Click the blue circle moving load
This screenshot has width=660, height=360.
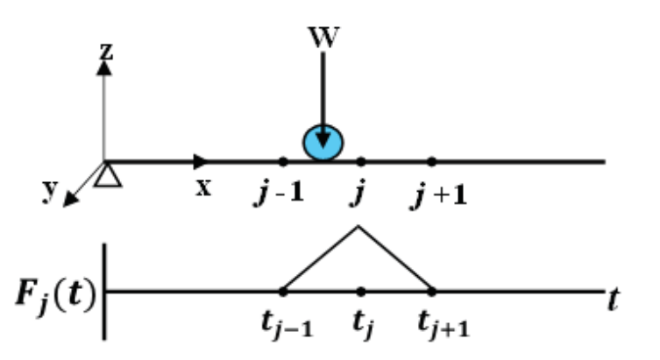(323, 143)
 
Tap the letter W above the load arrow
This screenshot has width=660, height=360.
(323, 38)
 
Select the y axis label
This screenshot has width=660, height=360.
(50, 192)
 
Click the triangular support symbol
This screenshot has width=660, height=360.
(105, 176)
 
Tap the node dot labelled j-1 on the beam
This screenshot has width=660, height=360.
(282, 161)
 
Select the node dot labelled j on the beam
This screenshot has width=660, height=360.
(361, 161)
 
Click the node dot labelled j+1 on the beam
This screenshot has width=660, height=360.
(431, 161)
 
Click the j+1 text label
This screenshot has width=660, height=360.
(438, 194)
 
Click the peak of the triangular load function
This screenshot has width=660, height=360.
(357, 227)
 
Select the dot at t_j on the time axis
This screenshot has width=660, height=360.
(361, 291)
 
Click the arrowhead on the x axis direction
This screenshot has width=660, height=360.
(202, 161)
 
